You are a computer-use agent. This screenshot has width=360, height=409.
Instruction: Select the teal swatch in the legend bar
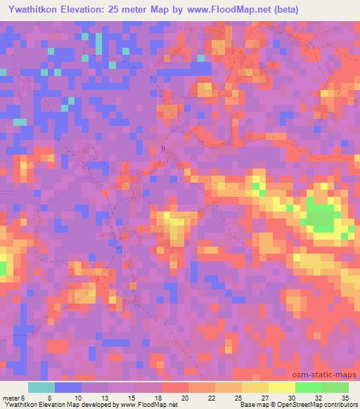click(x=41, y=387)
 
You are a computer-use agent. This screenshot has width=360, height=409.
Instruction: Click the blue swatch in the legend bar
click(x=68, y=387)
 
